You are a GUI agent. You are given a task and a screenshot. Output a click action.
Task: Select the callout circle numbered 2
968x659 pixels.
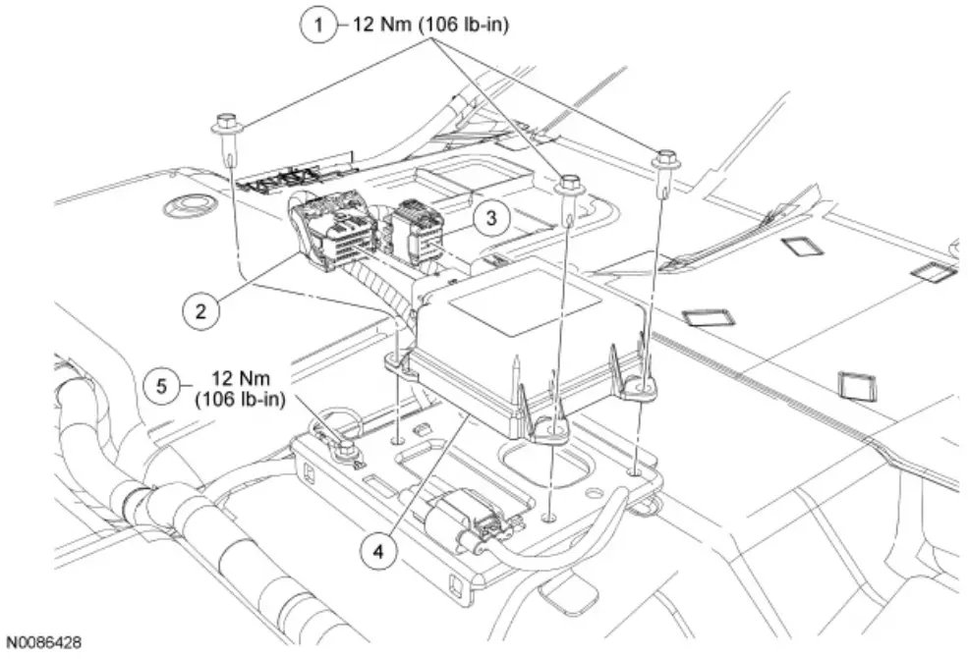pos(200,311)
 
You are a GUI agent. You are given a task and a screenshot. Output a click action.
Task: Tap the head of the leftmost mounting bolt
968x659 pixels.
pos(223,125)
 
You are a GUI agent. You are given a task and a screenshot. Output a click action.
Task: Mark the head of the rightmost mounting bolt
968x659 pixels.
pos(667,156)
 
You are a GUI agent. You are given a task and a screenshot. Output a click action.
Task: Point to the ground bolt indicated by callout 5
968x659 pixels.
pos(344,447)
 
